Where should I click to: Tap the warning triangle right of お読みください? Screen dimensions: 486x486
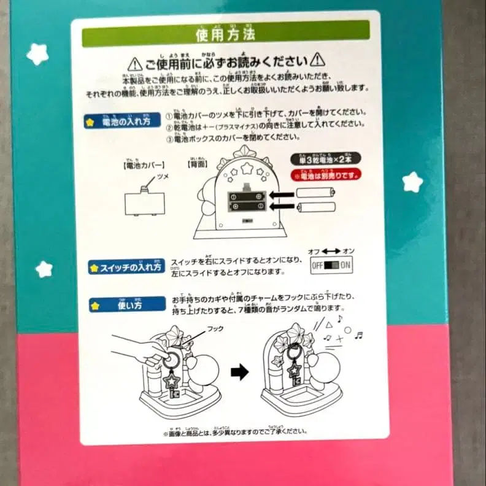[x=317, y=60]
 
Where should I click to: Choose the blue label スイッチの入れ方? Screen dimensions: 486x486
[x=125, y=267]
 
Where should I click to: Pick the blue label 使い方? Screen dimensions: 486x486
[x=125, y=304]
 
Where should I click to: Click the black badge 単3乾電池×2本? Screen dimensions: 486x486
[x=326, y=159]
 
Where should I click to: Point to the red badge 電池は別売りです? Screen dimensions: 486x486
[x=326, y=174]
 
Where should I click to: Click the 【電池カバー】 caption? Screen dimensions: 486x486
[x=144, y=166]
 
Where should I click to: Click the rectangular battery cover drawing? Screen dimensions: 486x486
[x=144, y=202]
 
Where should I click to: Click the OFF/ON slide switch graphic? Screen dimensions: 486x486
[x=331, y=266]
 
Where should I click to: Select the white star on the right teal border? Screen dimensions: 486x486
[x=412, y=182]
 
